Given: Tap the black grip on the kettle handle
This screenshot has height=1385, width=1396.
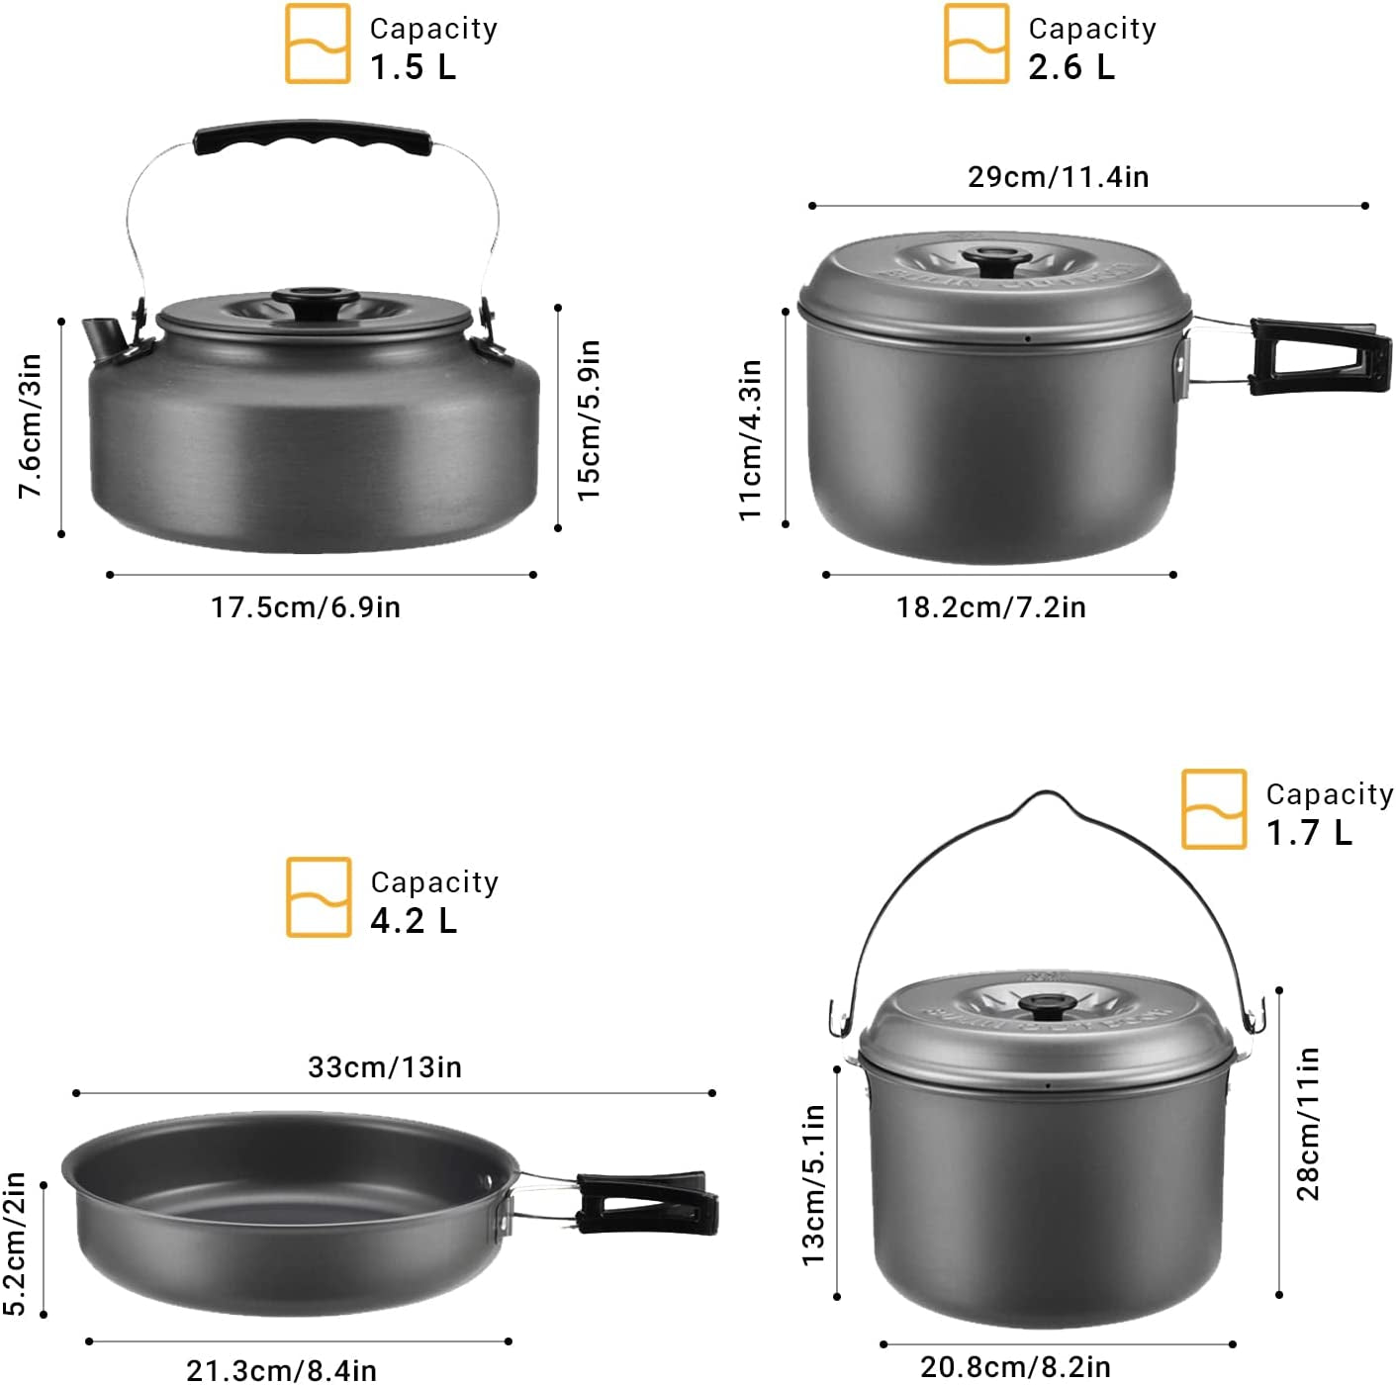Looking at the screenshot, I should (x=313, y=141).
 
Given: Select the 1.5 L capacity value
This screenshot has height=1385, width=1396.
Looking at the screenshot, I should (x=414, y=67).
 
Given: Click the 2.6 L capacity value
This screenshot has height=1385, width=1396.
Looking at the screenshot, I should (x=1071, y=67).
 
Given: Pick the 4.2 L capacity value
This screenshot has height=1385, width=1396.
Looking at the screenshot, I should (x=414, y=921).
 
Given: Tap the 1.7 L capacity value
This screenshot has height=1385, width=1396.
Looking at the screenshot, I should (x=1309, y=833).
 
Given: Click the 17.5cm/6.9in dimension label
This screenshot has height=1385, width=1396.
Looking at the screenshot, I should (x=306, y=606).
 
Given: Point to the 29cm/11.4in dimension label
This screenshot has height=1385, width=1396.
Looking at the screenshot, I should (x=1058, y=177).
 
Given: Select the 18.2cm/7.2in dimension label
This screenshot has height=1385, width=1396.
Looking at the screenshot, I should (x=990, y=606).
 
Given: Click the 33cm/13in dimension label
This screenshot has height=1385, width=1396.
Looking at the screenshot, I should (x=385, y=1067).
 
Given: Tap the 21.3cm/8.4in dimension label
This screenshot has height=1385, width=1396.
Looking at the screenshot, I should (x=282, y=1370).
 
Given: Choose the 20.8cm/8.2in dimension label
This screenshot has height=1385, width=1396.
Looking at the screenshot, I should (x=1015, y=1367).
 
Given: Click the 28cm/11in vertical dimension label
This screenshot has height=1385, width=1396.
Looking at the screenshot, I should (x=1308, y=1124).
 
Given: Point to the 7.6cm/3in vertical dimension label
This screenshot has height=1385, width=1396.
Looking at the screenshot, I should (x=31, y=426).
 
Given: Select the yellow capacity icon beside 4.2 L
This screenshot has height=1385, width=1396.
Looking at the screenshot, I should (x=319, y=897).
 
